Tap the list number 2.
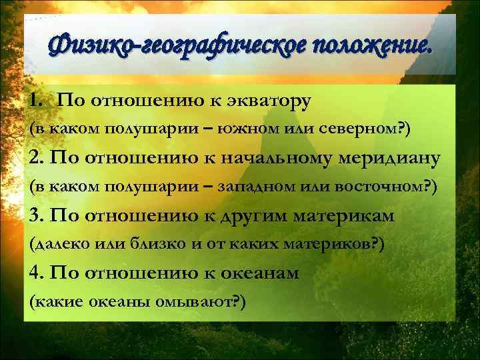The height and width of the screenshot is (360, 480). pos(37,158)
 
